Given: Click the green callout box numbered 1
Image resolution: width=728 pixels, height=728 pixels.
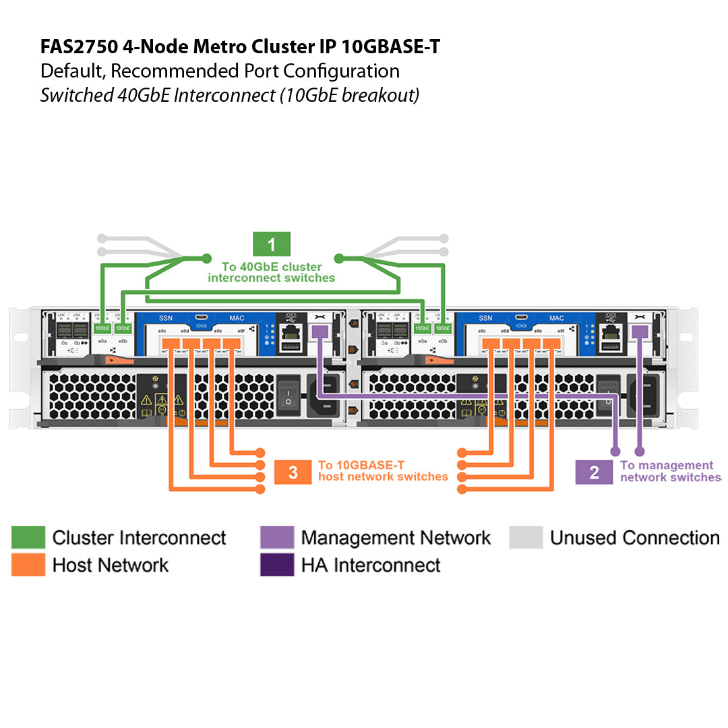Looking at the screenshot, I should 271,243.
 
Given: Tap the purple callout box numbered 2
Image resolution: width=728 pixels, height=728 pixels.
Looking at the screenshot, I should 593,472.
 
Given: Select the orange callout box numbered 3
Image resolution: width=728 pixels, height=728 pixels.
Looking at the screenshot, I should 293,472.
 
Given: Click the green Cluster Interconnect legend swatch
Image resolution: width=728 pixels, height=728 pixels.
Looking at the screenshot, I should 28,537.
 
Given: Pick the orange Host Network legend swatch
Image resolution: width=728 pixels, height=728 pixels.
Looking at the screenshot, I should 28,565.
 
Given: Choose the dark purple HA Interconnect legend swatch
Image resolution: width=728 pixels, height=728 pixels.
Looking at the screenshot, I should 277,565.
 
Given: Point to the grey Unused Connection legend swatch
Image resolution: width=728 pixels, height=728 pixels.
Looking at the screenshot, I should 526,537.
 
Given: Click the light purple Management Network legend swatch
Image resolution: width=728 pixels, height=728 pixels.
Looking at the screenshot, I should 277,537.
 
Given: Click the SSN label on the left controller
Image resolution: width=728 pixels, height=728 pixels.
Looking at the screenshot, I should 165,318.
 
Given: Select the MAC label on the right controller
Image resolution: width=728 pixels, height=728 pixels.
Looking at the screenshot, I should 556,318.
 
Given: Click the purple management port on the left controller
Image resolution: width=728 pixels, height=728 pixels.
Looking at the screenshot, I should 320,332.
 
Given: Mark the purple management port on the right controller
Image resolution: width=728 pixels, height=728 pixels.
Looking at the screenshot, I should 640,332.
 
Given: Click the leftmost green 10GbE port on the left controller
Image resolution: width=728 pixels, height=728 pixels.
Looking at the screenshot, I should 102,328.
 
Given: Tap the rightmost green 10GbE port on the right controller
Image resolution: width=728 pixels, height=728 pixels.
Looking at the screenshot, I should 442,328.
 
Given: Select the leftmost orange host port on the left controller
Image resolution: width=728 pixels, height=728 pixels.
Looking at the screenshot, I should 171,344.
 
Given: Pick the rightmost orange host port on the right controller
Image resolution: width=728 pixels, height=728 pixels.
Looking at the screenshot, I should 551,344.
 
